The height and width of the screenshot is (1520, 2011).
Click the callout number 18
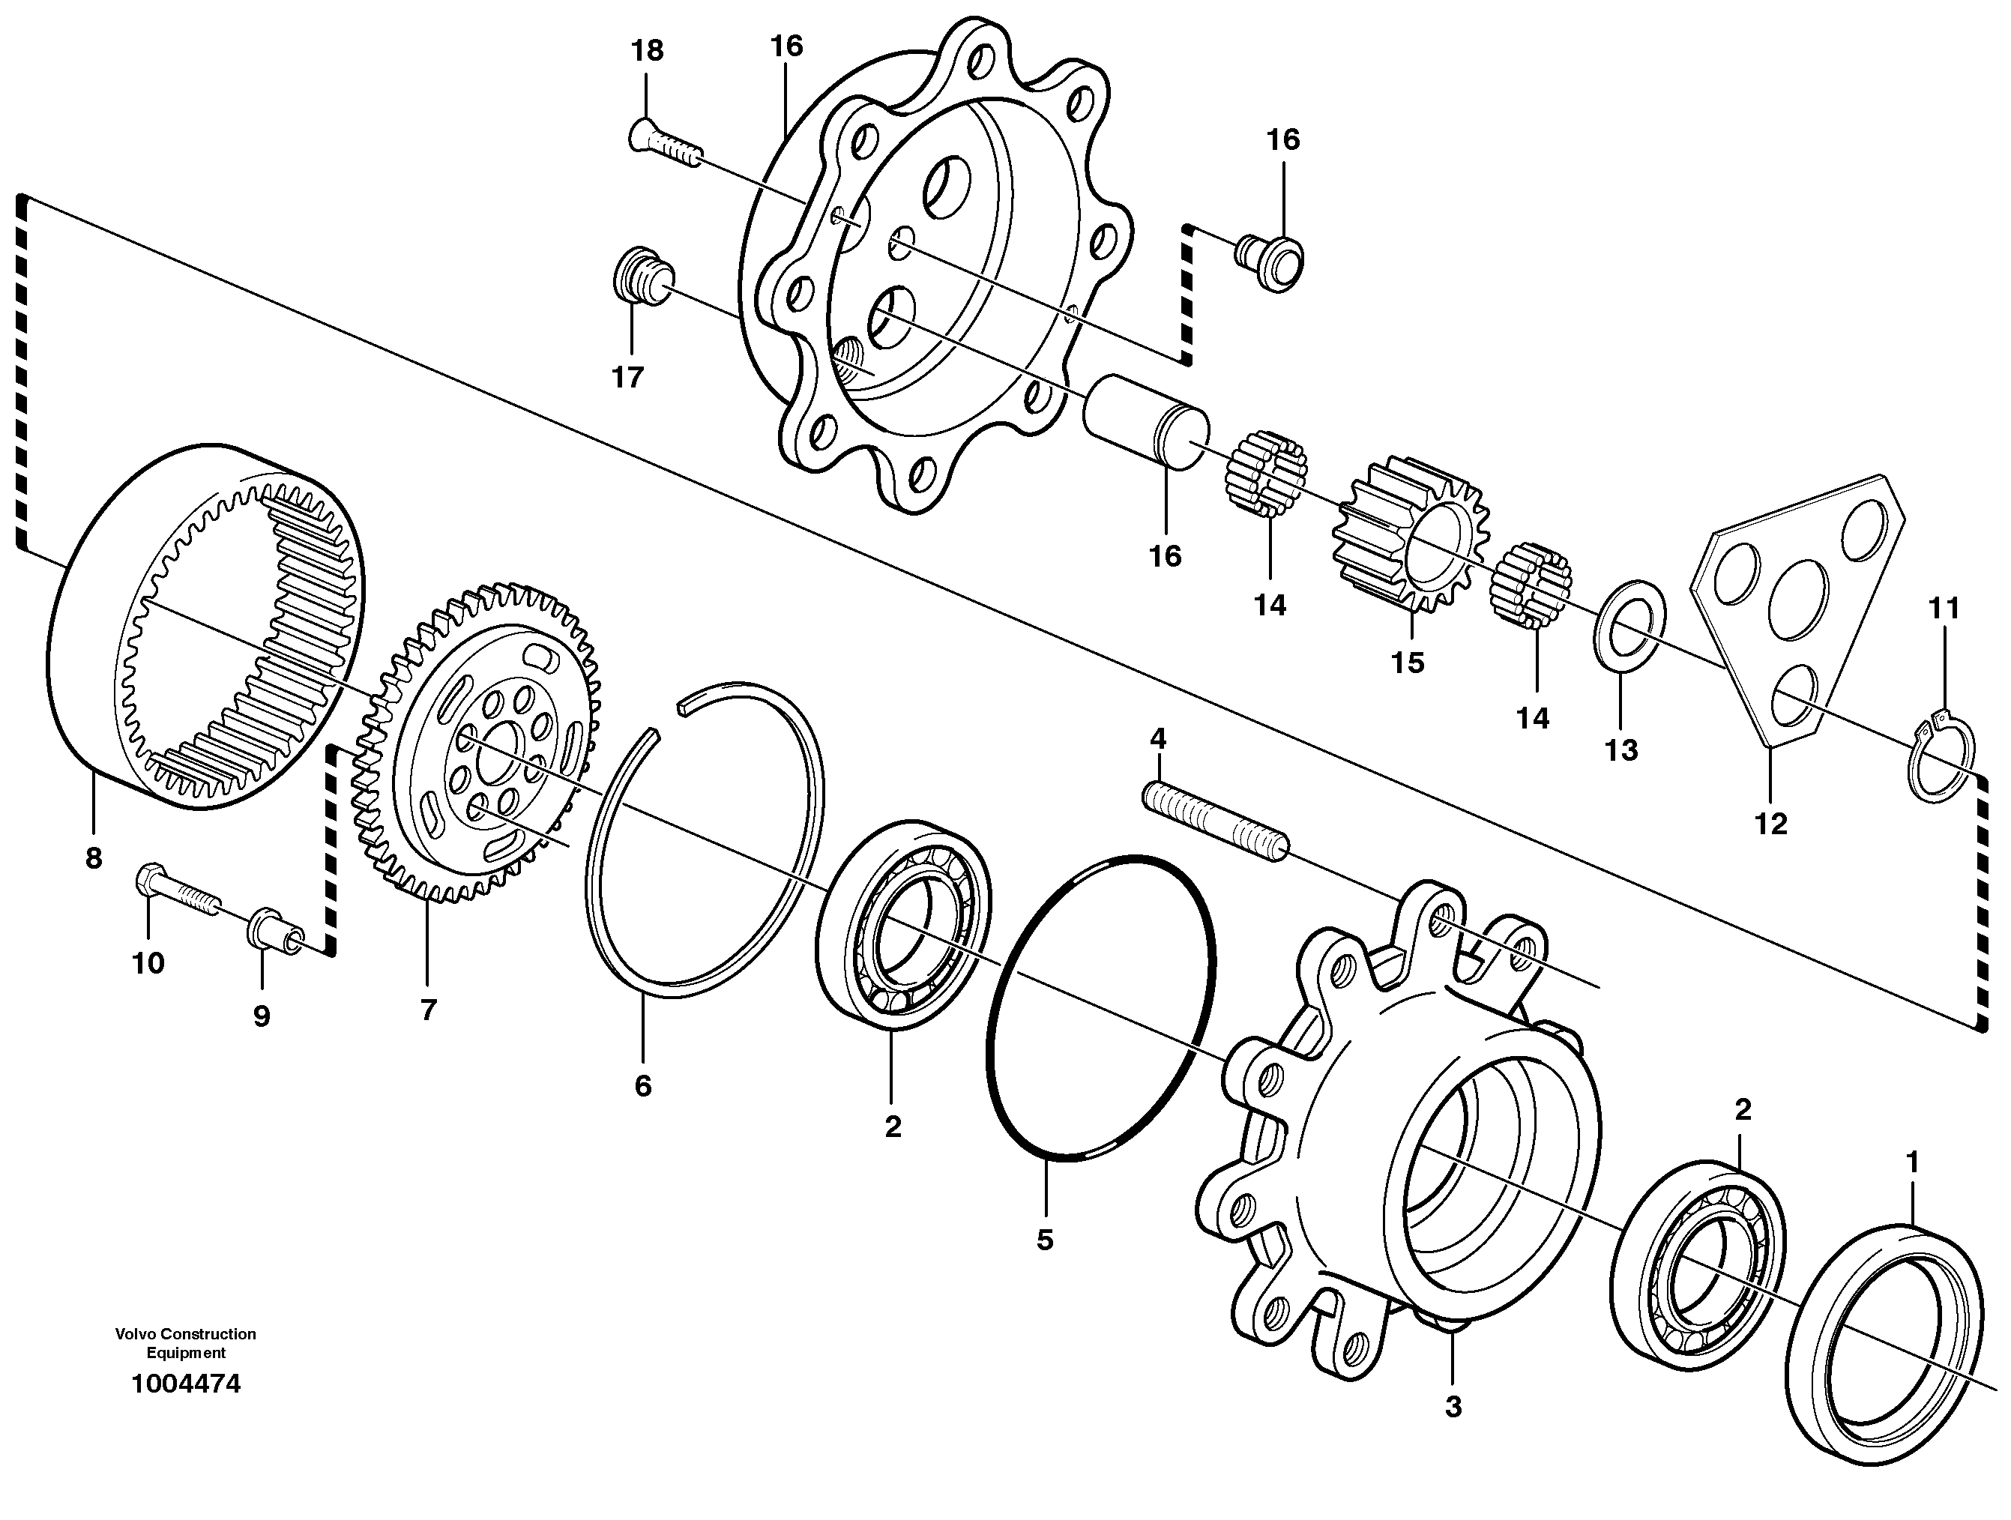tap(648, 51)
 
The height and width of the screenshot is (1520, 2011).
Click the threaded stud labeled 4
tap(1213, 824)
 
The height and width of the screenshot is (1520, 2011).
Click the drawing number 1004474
tap(187, 1384)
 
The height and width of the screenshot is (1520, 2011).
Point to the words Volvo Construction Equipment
tap(185, 1342)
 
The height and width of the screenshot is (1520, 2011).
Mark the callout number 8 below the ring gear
tap(94, 857)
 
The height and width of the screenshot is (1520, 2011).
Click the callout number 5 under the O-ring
tap(1045, 1239)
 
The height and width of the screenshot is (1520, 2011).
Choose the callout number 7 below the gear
tap(428, 1009)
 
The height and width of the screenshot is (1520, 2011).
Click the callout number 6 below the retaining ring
tap(643, 1085)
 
